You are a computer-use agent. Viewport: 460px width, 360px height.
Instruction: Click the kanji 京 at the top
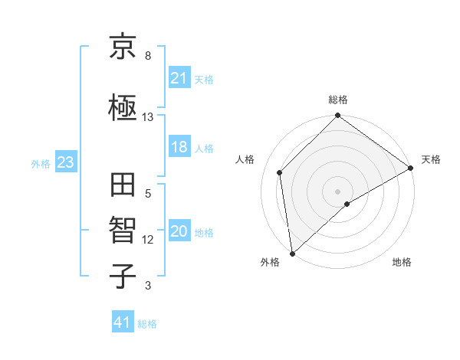(x=123, y=49)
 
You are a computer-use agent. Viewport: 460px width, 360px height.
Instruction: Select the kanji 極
(x=123, y=109)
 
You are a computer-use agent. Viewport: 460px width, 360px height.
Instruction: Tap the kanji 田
(x=123, y=187)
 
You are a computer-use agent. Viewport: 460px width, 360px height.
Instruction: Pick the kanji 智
(x=123, y=231)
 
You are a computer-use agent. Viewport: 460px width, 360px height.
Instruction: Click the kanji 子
(x=123, y=275)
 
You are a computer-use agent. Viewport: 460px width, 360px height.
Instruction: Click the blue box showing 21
(x=179, y=77)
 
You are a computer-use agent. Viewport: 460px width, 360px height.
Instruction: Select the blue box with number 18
(x=179, y=147)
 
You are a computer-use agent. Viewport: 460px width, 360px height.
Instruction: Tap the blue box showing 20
(x=179, y=232)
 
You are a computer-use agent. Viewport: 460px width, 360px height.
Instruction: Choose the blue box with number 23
(x=65, y=162)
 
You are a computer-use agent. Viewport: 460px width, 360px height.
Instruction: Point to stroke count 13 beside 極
(x=148, y=117)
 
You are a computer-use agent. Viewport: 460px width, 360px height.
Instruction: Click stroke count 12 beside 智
(x=148, y=240)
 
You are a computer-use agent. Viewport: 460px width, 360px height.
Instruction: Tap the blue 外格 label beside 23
(x=41, y=163)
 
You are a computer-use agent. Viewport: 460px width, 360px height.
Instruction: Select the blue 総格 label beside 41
(x=147, y=324)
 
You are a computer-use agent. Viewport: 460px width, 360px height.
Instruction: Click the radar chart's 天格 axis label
(x=431, y=159)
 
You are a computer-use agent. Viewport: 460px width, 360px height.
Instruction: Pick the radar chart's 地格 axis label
(x=402, y=263)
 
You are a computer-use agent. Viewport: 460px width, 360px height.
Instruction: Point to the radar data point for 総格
(x=337, y=117)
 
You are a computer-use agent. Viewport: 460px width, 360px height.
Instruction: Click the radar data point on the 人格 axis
(x=280, y=172)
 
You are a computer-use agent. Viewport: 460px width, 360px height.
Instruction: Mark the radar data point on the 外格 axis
(x=292, y=253)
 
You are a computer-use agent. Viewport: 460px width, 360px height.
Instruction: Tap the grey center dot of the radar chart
(x=337, y=191)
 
